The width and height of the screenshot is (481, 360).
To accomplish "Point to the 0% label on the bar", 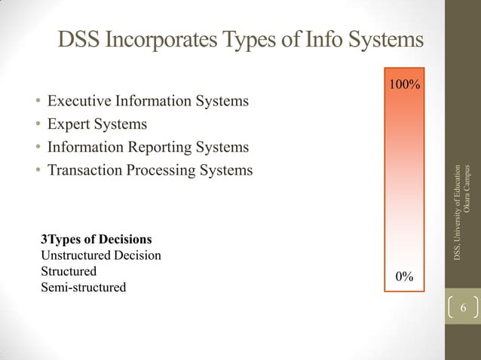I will pos(405,276).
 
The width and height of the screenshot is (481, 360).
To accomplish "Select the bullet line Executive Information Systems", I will pos(148,100).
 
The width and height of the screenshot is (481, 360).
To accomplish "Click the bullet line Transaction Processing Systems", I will pos(150,170).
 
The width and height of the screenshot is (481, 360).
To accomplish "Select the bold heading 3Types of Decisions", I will pos(96,239).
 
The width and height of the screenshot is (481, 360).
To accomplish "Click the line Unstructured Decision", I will pos(100,255).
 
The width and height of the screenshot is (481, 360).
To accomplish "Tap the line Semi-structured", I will pos(83,287).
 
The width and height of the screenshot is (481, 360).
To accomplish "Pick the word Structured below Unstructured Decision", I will pos(69,271).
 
